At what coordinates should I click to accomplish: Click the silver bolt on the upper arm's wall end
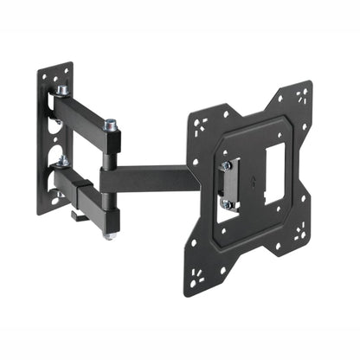(62, 89)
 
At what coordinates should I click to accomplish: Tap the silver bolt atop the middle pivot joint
(111, 126)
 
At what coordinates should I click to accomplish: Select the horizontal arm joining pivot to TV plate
(147, 180)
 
